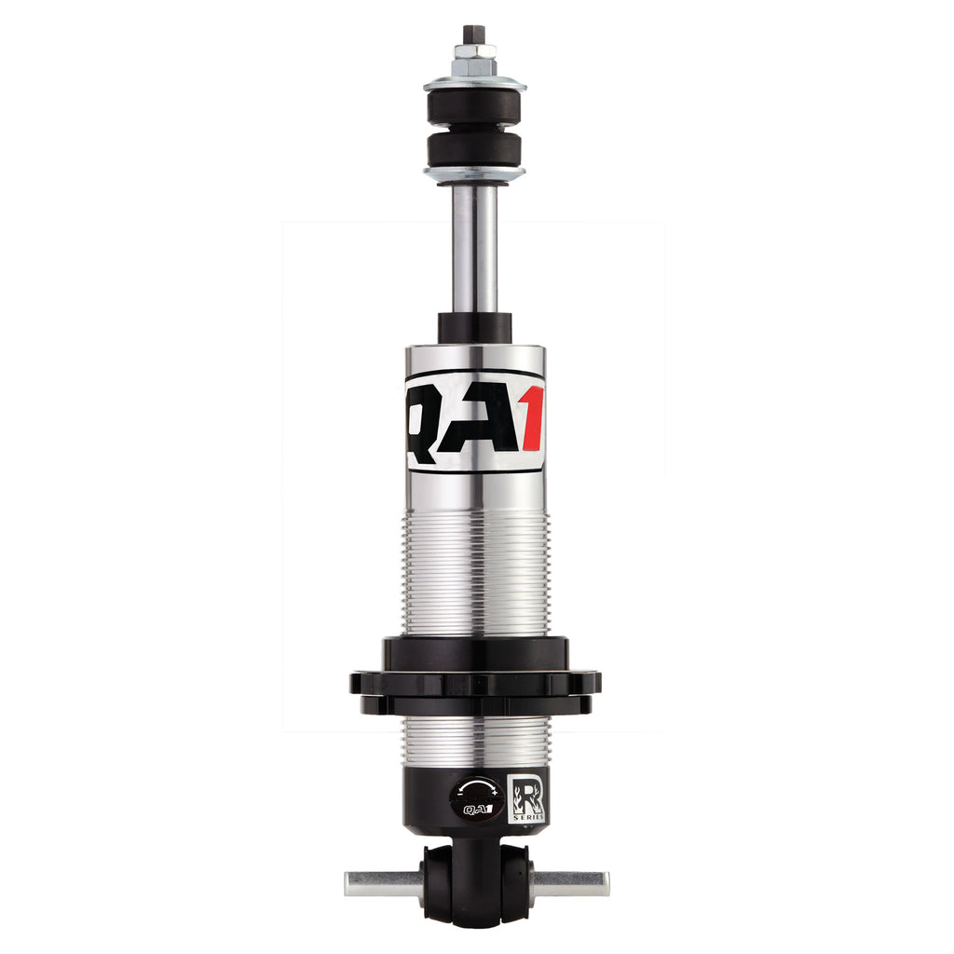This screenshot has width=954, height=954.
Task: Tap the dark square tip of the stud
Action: coord(474,34)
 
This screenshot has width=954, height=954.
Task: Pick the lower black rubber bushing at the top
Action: coord(474,150)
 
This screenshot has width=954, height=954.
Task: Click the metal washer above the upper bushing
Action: coord(474,83)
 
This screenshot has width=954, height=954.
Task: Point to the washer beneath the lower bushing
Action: coord(474,174)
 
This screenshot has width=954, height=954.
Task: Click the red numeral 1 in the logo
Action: coord(531,420)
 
